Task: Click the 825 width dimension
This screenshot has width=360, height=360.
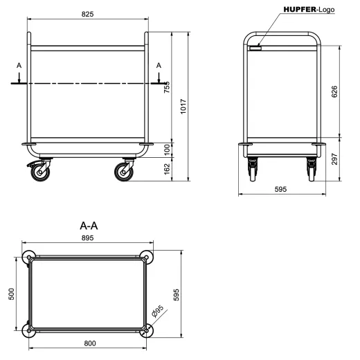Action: (x=87, y=14)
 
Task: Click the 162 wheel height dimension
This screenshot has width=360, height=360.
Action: (x=166, y=168)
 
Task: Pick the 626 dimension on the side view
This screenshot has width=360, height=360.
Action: (x=334, y=91)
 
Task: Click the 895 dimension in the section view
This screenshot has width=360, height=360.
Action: (x=87, y=237)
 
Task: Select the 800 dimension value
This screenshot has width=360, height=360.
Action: (x=87, y=343)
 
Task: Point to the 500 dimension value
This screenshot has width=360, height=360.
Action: (x=11, y=294)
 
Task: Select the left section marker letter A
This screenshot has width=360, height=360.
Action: (x=19, y=65)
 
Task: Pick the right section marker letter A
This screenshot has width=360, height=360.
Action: (x=159, y=65)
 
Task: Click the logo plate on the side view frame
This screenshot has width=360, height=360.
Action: (x=256, y=48)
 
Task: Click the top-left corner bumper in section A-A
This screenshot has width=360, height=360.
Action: (x=28, y=257)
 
